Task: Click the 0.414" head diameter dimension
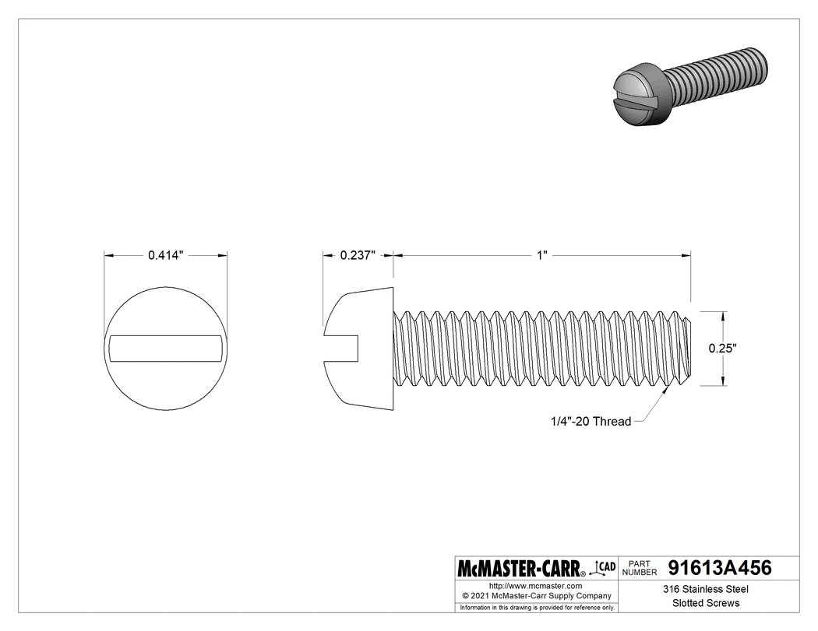coord(165,255)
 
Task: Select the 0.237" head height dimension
coord(358,255)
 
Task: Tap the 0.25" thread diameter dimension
coord(722,349)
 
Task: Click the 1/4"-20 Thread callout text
coord(590,421)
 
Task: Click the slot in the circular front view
coord(166,349)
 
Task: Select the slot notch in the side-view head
coord(343,348)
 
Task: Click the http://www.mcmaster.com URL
coord(535,585)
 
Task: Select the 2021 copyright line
coord(535,595)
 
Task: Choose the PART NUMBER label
coord(640,568)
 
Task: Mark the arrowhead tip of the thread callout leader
coord(668,390)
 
